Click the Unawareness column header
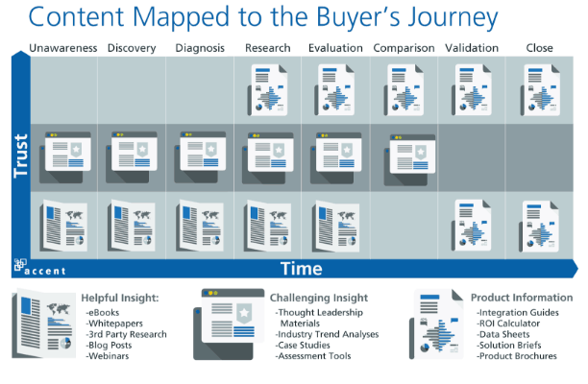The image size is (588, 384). click(63, 48)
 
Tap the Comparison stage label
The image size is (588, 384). click(404, 48)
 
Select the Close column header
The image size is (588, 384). click(539, 48)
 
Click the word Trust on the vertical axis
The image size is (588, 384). click(21, 156)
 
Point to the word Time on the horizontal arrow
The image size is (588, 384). click(302, 269)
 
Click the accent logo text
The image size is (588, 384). click(45, 271)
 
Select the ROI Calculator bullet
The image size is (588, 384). click(508, 324)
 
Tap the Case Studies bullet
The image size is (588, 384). click(303, 345)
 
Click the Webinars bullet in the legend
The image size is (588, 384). click(108, 356)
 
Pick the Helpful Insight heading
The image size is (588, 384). click(120, 298)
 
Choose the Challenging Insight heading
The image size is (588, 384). click(319, 298)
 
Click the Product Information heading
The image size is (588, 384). click(522, 298)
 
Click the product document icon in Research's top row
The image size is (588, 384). click(267, 90)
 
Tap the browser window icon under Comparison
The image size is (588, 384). click(409, 160)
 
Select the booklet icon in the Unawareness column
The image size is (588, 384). click(63, 226)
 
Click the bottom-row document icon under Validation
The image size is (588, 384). click(472, 226)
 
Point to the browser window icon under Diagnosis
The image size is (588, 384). click(200, 157)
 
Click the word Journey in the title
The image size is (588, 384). click(453, 17)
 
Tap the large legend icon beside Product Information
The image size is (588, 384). click(436, 324)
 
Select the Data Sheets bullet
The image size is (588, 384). click(502, 334)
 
